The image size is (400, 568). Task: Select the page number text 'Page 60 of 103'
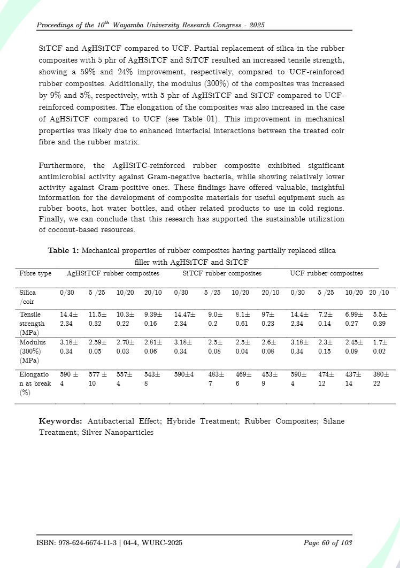point(328,543)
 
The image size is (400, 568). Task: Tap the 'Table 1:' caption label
point(64,250)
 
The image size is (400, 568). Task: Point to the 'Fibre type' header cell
point(35,273)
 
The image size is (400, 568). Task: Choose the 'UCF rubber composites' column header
point(326,273)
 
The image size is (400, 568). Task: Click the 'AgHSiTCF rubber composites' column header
point(113,273)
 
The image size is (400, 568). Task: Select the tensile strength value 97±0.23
point(269,319)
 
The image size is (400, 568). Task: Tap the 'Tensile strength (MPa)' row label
point(32,324)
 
